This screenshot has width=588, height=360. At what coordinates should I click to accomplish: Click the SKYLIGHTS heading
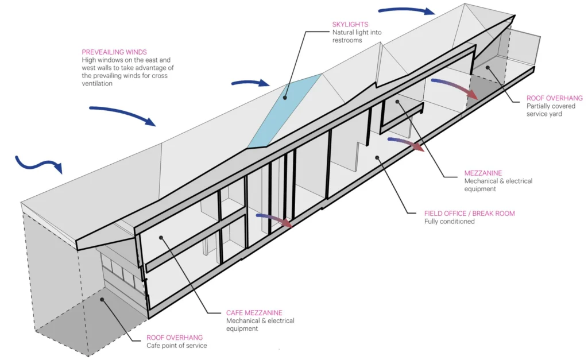[x=350, y=24]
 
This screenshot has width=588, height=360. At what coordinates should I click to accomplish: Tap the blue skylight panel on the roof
[x=285, y=111]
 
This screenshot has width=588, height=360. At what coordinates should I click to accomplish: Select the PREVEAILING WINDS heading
[x=114, y=52]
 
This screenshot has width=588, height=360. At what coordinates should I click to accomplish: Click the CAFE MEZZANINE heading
[x=254, y=313]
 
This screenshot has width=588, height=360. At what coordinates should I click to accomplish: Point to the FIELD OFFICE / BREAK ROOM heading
[x=470, y=214]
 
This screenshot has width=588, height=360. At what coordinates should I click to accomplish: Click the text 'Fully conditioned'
[x=449, y=222]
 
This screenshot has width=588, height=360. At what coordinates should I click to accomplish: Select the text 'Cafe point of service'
[x=177, y=346]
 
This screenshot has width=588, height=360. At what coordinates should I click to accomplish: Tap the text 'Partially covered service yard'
[x=551, y=110]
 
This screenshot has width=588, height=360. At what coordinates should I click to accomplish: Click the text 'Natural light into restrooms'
[x=357, y=36]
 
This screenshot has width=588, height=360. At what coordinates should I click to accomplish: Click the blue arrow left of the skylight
[x=250, y=83]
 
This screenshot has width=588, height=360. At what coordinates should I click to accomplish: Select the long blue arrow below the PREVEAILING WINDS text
[x=122, y=114]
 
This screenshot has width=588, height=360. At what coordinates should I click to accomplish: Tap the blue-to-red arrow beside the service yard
[x=455, y=87]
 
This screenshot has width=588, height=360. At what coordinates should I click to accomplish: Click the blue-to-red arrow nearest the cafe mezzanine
[x=274, y=219]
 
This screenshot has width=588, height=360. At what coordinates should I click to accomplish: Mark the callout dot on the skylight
[x=285, y=98]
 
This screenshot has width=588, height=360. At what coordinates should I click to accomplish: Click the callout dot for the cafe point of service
[x=102, y=300]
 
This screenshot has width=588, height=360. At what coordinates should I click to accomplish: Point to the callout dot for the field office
[x=377, y=158]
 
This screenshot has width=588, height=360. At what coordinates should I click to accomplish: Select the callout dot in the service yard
[x=488, y=68]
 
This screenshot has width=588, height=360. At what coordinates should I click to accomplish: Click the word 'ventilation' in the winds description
[x=97, y=84]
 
